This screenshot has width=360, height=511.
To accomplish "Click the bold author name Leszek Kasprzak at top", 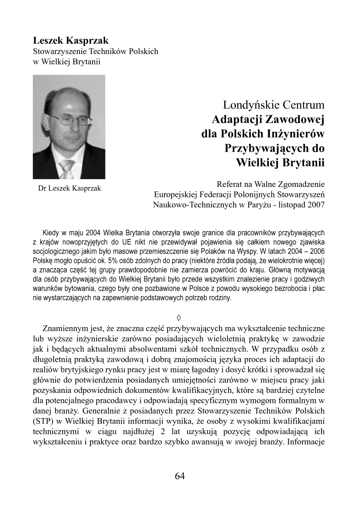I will pyautogui.click(x=71, y=41).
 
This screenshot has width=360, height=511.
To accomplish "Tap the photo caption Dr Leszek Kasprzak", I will pyautogui.click(x=69, y=188).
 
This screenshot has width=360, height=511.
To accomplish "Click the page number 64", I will pyautogui.click(x=180, y=476).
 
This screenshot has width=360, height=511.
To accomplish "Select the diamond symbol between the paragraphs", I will pyautogui.click(x=179, y=318).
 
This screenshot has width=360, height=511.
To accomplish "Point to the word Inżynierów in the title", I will pyautogui.click(x=296, y=134).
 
